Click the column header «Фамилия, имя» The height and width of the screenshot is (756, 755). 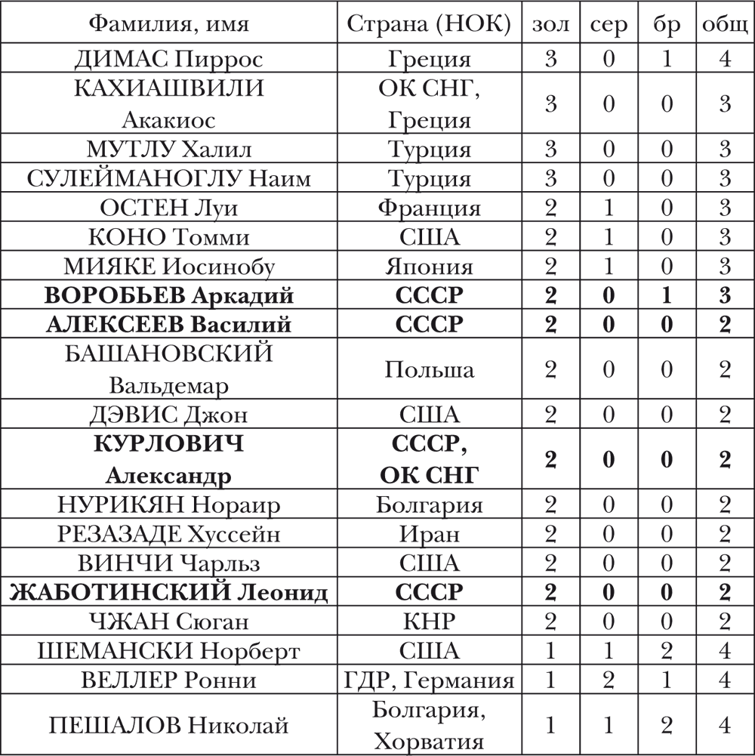tap(168, 25)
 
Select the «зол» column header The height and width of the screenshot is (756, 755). tap(550, 25)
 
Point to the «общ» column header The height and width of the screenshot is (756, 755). tap(725, 25)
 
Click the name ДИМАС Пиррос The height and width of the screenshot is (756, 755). tap(168, 59)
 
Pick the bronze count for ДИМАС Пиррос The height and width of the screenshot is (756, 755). tap(667, 59)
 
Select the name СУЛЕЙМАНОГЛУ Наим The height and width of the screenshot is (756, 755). tap(168, 178)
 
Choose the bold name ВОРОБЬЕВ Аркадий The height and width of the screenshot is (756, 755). tap(168, 296)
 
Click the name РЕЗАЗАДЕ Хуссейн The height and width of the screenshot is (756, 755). tap(168, 534)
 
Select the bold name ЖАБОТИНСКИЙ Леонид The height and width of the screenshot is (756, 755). tap(168, 593)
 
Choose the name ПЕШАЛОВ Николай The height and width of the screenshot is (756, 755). tap(168, 726)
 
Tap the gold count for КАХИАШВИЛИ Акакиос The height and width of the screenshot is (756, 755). tap(550, 104)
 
